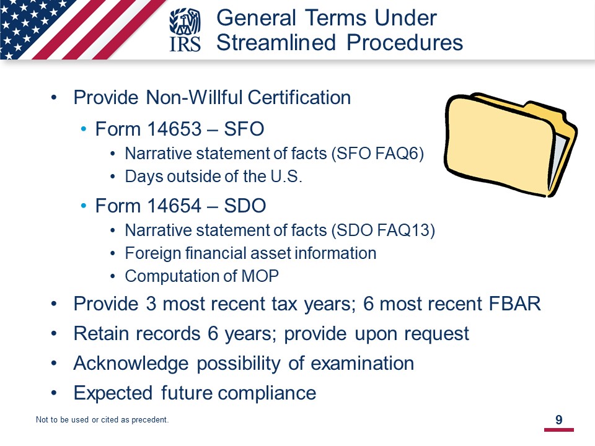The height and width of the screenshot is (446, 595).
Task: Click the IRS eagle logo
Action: click(x=185, y=30)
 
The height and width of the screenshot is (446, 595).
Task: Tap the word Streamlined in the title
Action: click(x=276, y=42)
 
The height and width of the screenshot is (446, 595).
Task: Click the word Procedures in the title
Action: click(x=405, y=42)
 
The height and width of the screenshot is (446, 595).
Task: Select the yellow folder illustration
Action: click(x=511, y=144)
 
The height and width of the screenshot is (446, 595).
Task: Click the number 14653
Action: click(x=174, y=129)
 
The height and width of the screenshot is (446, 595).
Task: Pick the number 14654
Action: click(x=174, y=206)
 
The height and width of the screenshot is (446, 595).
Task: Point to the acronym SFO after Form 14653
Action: click(x=244, y=129)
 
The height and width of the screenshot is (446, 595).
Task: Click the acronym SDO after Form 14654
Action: click(x=245, y=206)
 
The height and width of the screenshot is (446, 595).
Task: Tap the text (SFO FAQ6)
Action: click(x=377, y=154)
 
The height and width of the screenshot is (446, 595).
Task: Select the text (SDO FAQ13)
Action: click(x=383, y=230)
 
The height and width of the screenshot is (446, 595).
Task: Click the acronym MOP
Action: click(x=260, y=276)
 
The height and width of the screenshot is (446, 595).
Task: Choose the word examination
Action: click(x=363, y=364)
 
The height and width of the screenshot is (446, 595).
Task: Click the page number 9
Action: click(x=559, y=420)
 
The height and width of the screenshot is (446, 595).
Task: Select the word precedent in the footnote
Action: click(x=150, y=420)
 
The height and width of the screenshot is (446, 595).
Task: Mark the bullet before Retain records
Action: click(x=54, y=334)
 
